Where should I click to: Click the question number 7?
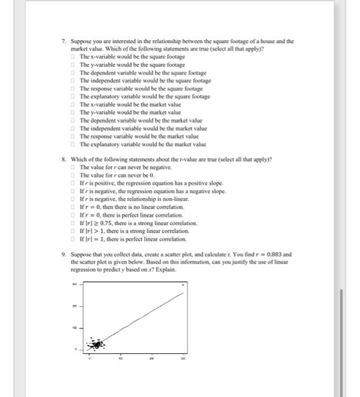click(64, 41)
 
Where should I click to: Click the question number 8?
click(64, 160)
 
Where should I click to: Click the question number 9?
click(64, 255)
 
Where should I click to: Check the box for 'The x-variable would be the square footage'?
click(74, 57)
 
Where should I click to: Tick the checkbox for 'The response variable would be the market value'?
click(74, 137)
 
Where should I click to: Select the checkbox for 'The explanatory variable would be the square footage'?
click(74, 97)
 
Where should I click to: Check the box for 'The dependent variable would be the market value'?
click(74, 121)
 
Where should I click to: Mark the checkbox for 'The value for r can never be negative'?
click(74, 168)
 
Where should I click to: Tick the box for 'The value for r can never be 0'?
click(74, 176)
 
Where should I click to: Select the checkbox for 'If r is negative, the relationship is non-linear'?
click(74, 200)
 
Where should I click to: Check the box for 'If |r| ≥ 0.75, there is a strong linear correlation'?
click(74, 223)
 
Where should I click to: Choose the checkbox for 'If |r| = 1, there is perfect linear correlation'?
click(74, 239)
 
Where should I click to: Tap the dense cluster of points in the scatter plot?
click(97, 344)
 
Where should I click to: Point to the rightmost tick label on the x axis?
click(183, 358)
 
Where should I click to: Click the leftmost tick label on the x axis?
click(90, 358)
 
